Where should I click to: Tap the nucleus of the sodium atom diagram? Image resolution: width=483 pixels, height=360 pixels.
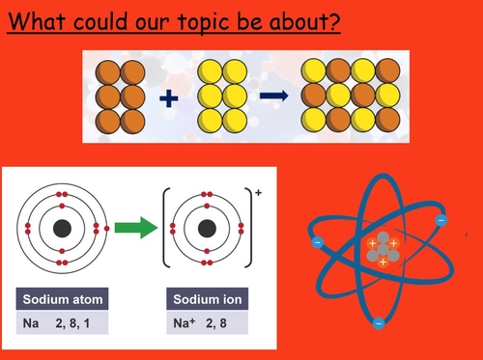tap(63, 229)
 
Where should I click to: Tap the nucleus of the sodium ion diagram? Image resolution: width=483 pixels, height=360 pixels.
tap(206, 230)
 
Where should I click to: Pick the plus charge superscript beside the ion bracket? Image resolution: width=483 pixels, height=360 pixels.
tap(256, 192)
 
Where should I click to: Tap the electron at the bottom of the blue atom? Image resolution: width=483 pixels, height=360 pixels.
tap(379, 321)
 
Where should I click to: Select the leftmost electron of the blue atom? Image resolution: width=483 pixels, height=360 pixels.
tap(316, 243)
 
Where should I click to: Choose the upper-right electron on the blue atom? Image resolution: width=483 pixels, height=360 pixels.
tap(441, 221)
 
